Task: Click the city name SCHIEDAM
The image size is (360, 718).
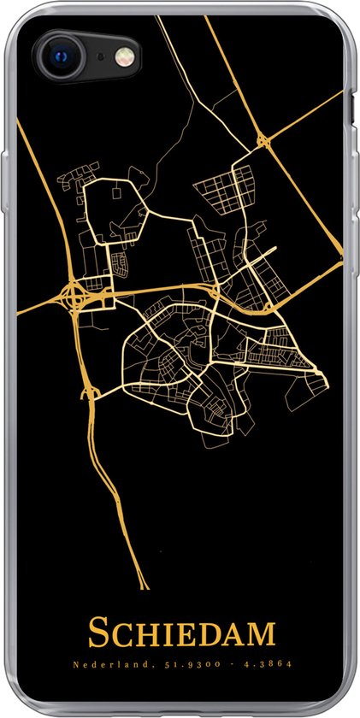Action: coord(181,633)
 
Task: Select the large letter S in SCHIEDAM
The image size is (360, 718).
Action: coord(97,633)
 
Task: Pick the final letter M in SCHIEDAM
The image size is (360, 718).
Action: coord(261,634)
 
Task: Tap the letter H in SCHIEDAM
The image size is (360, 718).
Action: coord(139,634)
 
